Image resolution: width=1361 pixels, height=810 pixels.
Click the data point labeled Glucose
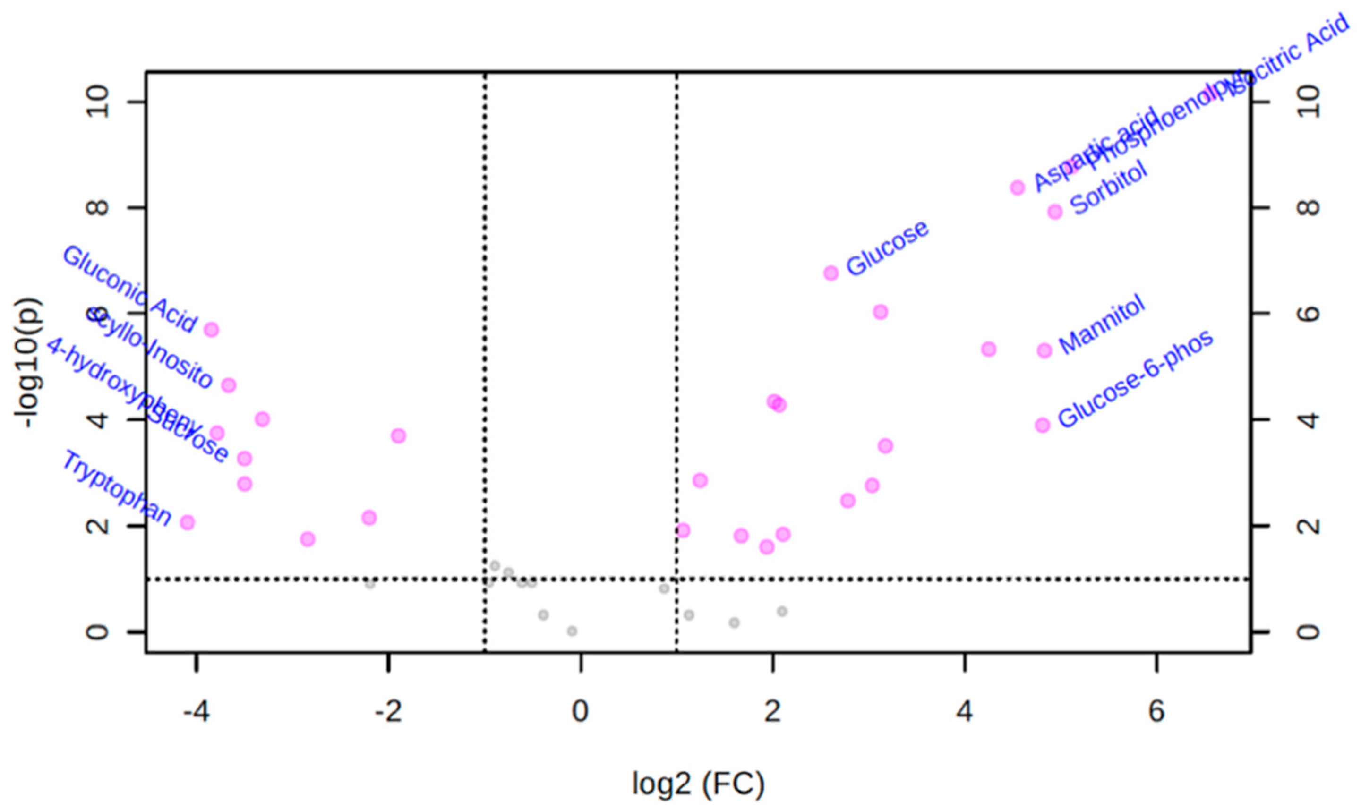tap(830, 273)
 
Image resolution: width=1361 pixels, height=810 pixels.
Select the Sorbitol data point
tap(1055, 211)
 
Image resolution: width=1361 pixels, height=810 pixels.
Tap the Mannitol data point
tap(1044, 350)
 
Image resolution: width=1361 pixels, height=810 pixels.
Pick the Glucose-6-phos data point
tap(1042, 425)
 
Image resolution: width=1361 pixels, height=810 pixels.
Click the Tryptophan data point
tap(187, 522)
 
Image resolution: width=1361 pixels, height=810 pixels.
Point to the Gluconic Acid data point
tap(211, 330)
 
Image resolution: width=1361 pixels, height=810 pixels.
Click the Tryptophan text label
tap(117, 489)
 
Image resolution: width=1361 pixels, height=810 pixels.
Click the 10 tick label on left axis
tap(98, 102)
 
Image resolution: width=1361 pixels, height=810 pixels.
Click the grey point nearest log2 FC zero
tap(572, 631)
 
